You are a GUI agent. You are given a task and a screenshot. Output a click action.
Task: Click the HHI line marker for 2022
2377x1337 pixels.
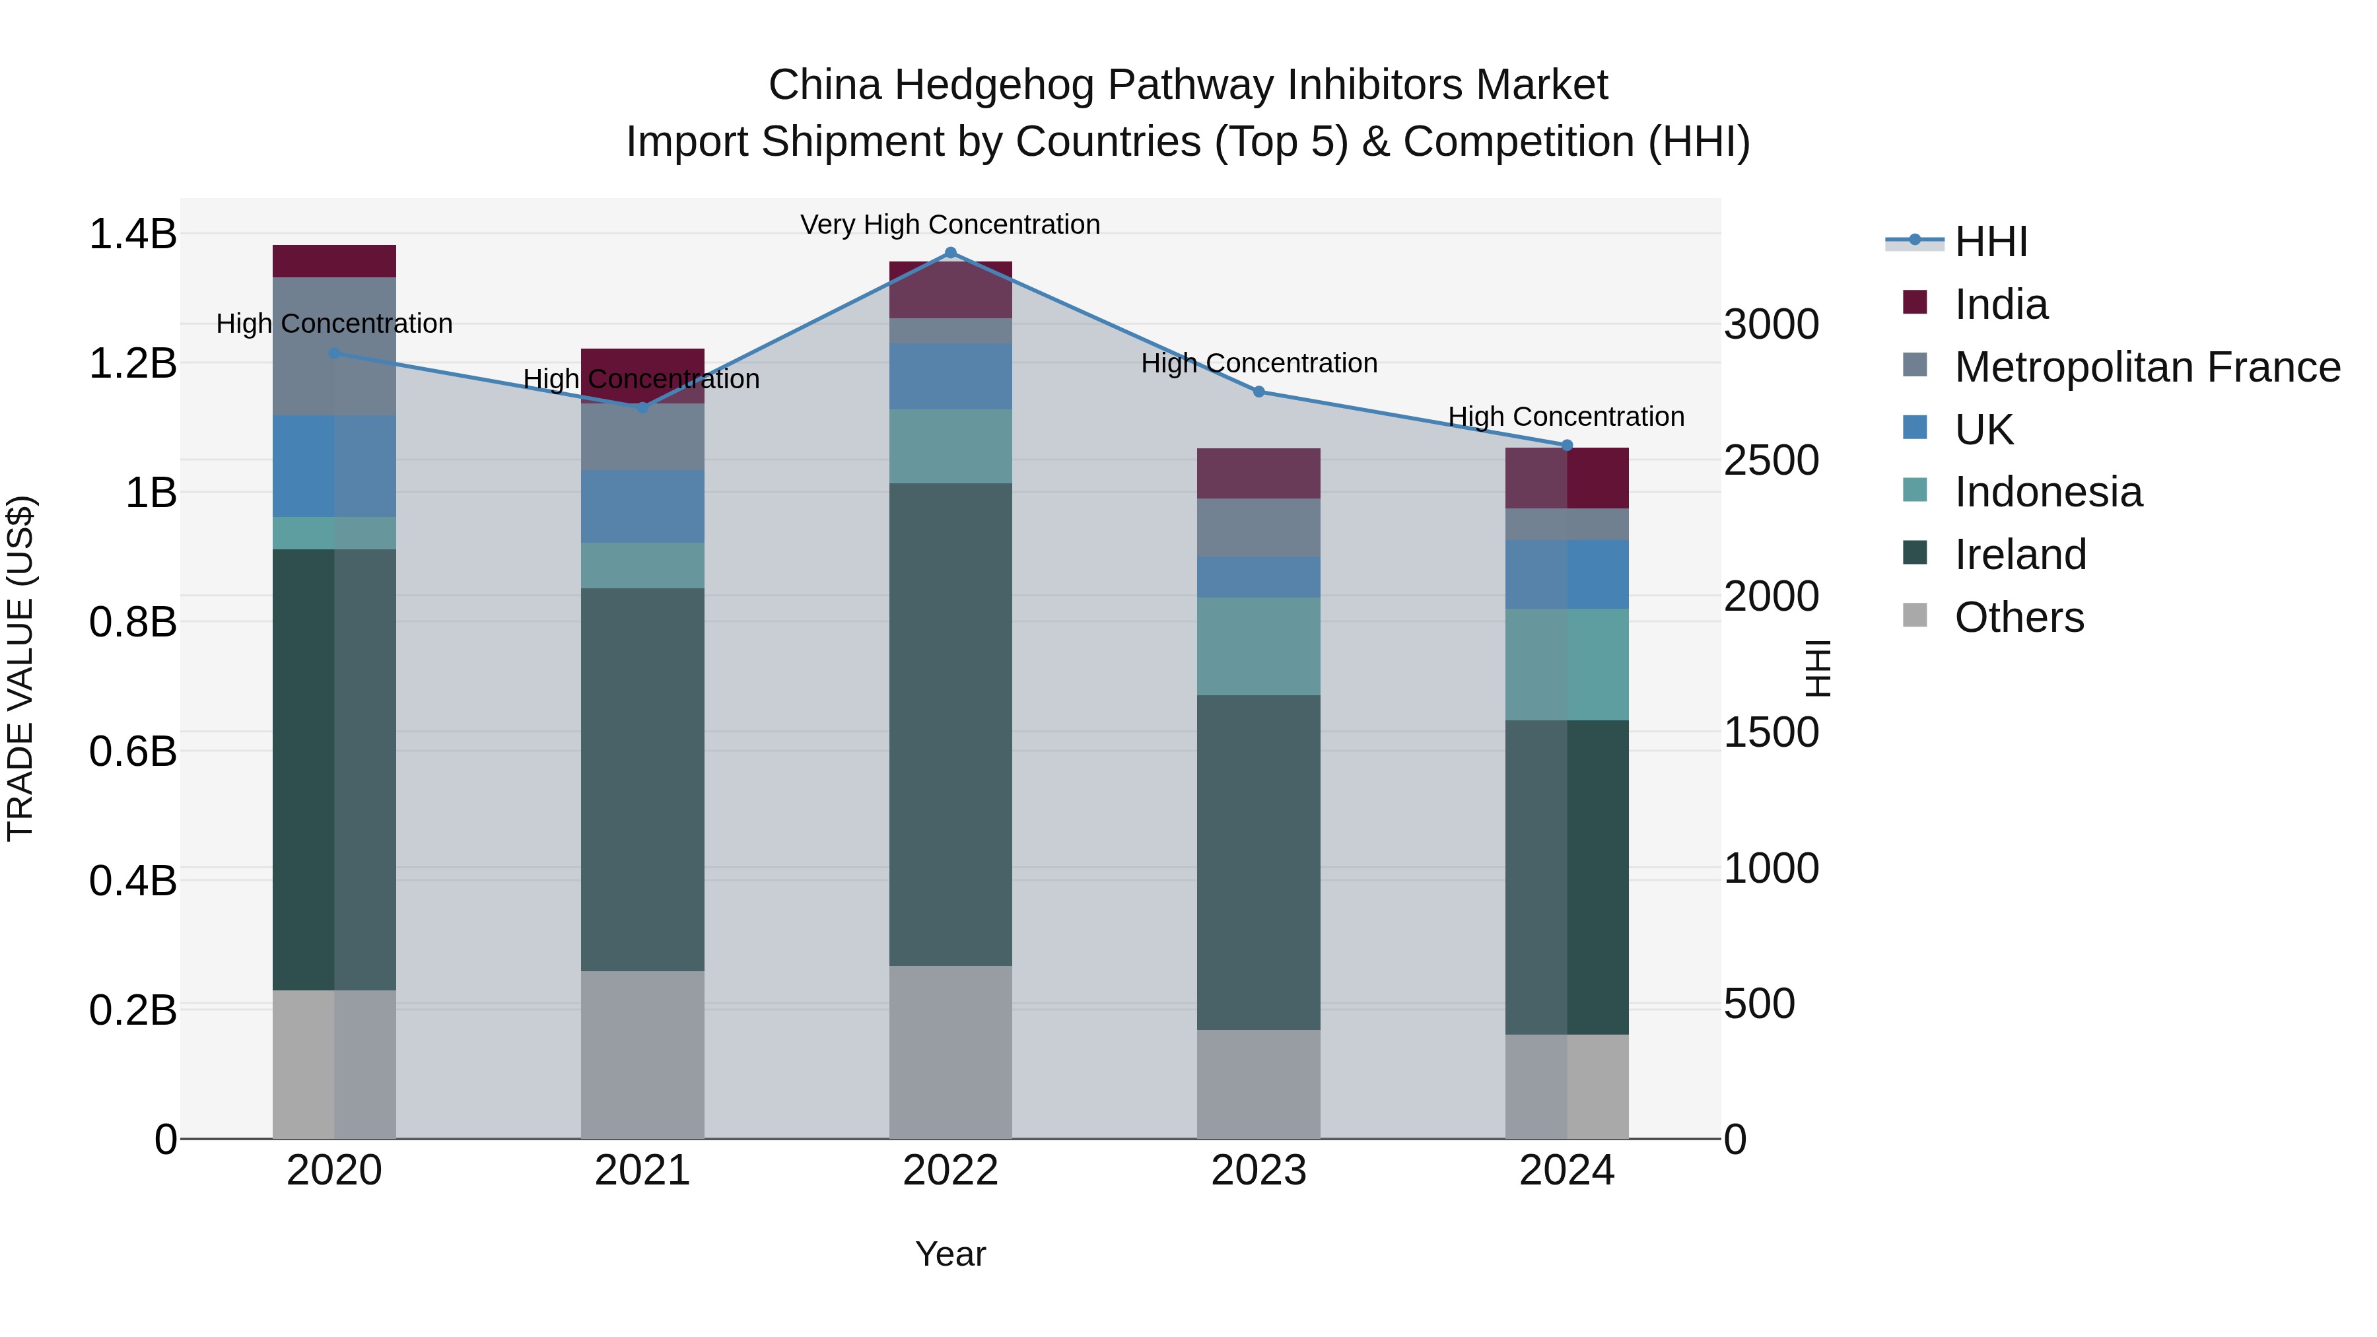pos(950,252)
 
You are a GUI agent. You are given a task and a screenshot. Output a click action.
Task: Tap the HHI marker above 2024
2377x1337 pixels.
pos(1566,446)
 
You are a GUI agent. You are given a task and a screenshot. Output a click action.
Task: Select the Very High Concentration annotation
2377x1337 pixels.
pos(949,224)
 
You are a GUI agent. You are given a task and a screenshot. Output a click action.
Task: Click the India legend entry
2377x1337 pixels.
pos(2001,304)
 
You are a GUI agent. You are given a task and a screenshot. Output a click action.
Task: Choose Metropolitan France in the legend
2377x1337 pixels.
pos(2147,367)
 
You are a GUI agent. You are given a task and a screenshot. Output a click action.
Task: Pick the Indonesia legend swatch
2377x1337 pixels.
pos(1915,491)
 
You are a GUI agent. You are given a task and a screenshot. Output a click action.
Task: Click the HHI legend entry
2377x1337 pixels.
pos(1990,242)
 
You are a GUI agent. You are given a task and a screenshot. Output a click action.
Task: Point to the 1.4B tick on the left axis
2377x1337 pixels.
pos(132,234)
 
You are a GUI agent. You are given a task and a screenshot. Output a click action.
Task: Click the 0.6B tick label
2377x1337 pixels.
pos(132,751)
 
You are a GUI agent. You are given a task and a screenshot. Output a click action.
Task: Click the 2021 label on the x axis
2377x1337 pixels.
pos(642,1171)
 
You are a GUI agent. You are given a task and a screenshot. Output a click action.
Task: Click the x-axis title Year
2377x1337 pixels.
pos(949,1254)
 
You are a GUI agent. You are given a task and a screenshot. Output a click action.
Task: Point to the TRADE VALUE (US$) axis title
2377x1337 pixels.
pos(20,668)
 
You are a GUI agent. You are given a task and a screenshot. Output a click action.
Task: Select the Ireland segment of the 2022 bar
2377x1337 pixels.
pos(950,724)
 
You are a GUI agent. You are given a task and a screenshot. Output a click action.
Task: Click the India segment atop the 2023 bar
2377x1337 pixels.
pos(1258,473)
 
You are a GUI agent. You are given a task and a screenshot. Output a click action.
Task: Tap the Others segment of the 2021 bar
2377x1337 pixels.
pos(642,1054)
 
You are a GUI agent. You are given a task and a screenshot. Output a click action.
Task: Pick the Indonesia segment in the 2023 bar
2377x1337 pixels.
pos(1258,646)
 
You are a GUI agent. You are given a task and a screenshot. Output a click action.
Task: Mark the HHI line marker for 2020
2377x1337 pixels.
pos(334,353)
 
